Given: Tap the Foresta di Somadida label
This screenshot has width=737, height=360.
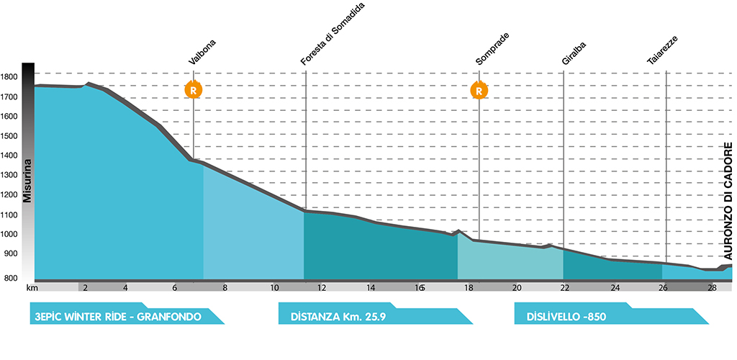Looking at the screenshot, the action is coord(333,33).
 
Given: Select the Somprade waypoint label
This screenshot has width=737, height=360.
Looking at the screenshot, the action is coord(492,49).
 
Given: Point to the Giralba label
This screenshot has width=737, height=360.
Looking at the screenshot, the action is coord(574,54).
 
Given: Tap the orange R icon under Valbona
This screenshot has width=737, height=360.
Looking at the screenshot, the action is coord(193,89).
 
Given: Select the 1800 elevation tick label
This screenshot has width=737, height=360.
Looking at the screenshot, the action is coord(9,76).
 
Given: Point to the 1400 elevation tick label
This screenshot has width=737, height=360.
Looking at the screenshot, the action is coord(9,156).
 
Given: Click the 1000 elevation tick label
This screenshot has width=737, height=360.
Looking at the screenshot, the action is coord(9,235).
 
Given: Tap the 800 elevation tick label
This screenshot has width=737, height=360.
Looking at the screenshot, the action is coord(11,277).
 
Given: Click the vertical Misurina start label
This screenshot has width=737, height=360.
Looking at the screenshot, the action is coord(28,181).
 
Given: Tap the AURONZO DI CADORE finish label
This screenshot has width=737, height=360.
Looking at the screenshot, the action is coord(728,202).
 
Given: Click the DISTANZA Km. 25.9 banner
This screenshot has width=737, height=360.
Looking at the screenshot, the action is coord(375,313).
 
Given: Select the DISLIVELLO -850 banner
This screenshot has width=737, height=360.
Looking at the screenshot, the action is coord(611,313).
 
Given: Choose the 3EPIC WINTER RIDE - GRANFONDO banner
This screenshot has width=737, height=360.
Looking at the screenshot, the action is coord(127,313).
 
